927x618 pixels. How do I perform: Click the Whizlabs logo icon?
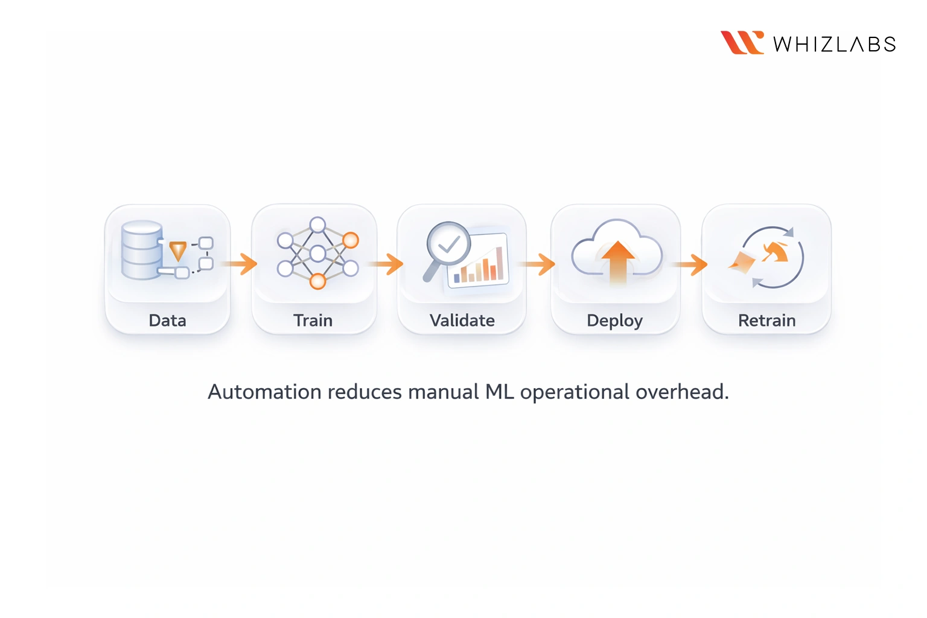[x=742, y=43]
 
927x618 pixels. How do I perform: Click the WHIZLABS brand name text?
[x=834, y=45]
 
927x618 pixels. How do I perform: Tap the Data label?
[x=167, y=320]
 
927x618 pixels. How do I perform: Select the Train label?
[x=313, y=320]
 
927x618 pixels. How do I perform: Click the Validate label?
[x=462, y=320]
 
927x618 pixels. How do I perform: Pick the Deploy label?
[x=614, y=321]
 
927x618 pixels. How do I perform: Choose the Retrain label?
[x=766, y=320]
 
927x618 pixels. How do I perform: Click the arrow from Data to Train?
[x=240, y=264]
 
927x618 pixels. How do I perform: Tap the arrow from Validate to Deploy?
[x=538, y=264]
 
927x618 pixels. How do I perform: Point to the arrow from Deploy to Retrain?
[x=691, y=264]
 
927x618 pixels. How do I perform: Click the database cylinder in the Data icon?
[x=142, y=250]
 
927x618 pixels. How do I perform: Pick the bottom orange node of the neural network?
[x=317, y=281]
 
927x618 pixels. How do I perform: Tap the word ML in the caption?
[x=500, y=392]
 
